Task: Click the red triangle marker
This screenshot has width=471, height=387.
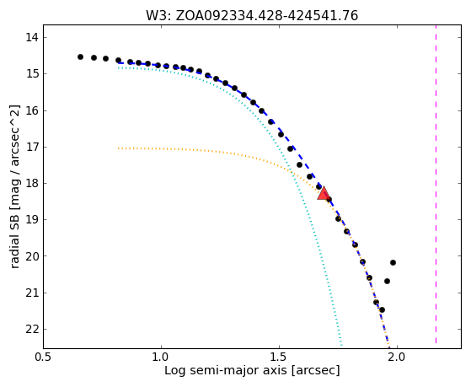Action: [324, 193]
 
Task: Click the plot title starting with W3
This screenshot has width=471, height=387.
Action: [252, 16]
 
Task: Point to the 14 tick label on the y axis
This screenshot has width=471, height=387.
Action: [32, 38]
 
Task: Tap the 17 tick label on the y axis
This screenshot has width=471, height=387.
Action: [32, 147]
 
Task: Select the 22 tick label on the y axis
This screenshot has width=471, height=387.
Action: [32, 330]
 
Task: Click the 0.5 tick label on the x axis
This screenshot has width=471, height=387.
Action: [44, 357]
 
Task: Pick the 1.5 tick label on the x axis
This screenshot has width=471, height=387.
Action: [280, 357]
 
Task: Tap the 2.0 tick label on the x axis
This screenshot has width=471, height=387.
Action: [398, 357]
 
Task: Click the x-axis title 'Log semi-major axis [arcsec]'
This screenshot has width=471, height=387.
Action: [252, 370]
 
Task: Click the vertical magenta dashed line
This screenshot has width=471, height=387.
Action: [436, 185]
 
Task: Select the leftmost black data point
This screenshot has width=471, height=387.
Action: [80, 56]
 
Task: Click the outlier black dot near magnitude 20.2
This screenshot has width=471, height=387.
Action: [393, 262]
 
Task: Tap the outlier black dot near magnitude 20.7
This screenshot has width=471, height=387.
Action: [388, 281]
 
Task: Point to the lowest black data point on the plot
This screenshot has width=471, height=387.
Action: [382, 309]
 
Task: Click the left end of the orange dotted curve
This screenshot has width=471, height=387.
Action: [119, 148]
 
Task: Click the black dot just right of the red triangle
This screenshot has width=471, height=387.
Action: [329, 199]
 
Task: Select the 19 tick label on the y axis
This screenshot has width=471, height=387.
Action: [32, 220]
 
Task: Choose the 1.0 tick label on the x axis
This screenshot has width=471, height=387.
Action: [162, 357]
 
